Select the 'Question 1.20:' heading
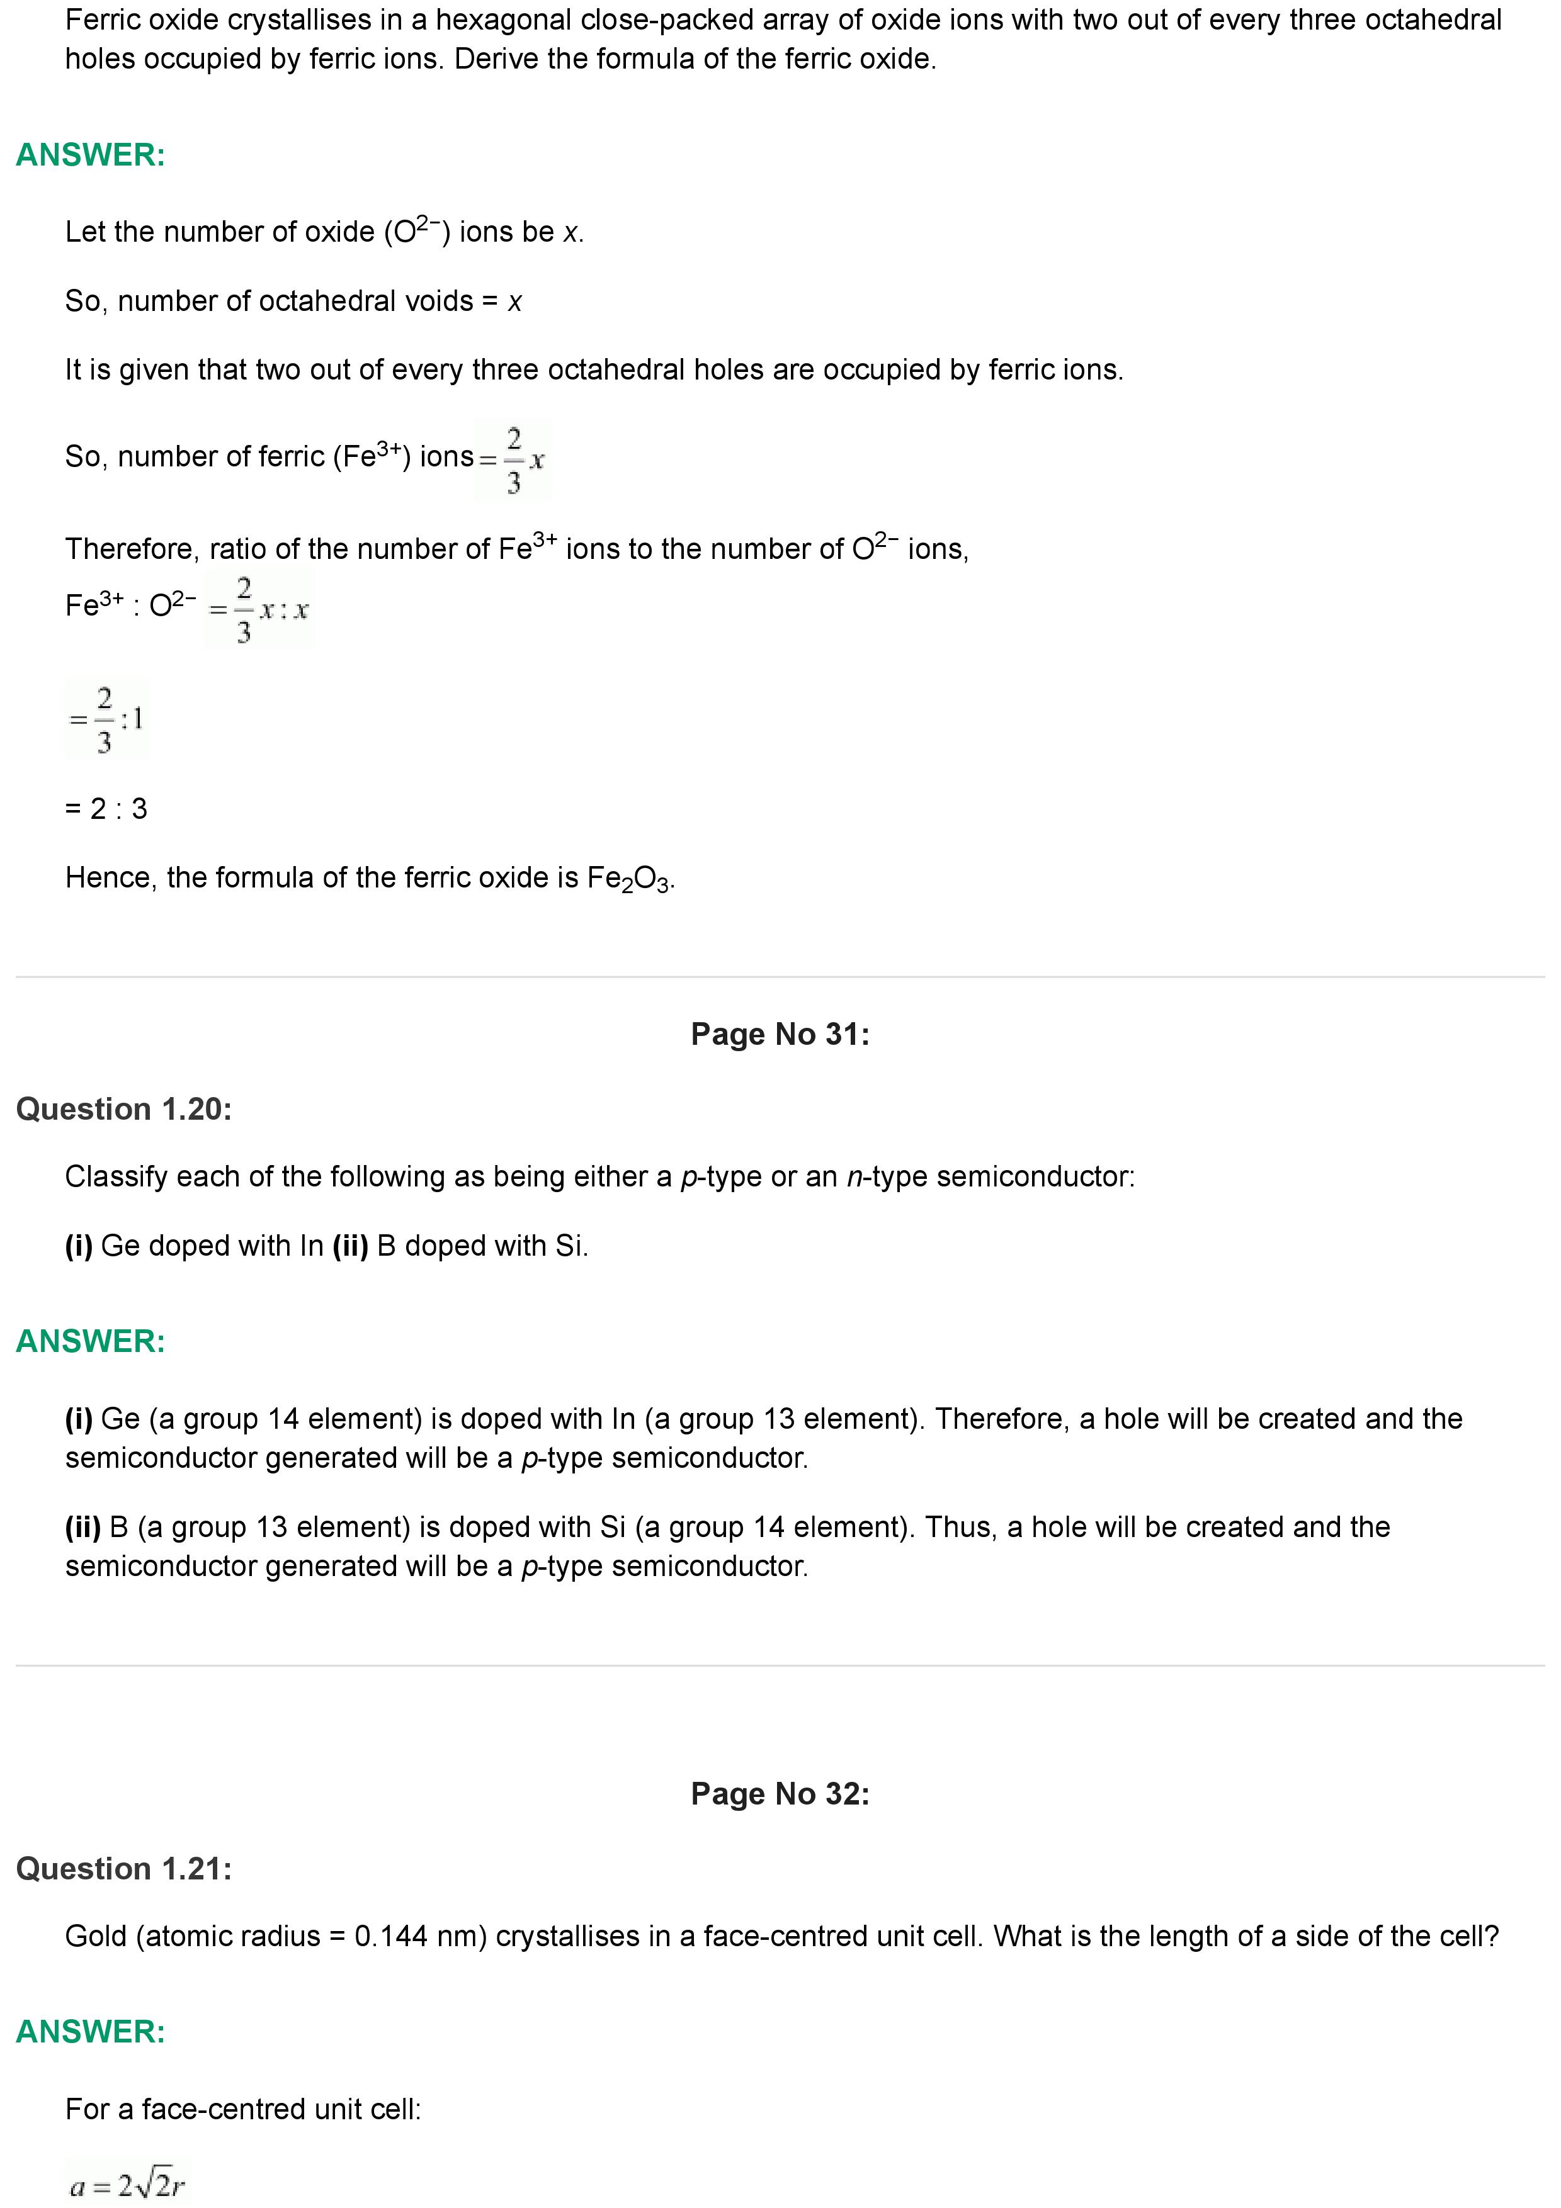[124, 1109]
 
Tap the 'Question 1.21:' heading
[124, 1869]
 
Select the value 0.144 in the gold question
[390, 1936]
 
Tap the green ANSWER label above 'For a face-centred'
[91, 2031]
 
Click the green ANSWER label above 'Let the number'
[91, 155]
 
